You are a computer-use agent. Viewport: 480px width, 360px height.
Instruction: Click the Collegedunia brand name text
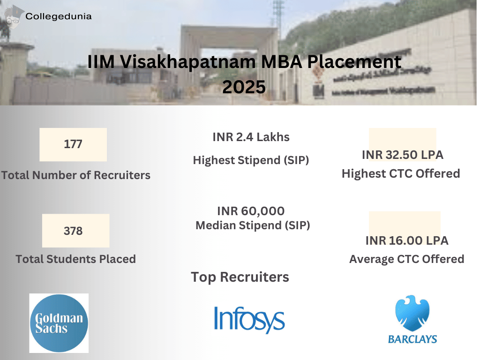point(59,16)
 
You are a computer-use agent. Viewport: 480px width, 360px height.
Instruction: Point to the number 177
point(73,144)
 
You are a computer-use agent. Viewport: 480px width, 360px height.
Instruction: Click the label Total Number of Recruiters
point(76,175)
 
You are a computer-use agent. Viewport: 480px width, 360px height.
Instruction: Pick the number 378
point(73,231)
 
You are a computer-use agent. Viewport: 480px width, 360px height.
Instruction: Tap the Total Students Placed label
point(76,259)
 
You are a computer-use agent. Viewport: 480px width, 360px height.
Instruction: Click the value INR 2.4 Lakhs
point(251,137)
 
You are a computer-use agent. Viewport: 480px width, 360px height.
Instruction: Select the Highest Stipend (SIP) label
point(251,160)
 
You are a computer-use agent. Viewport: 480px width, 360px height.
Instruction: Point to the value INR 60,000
point(251,211)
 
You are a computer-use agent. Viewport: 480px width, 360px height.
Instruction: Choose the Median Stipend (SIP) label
point(253,225)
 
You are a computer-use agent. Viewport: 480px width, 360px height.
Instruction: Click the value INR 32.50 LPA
point(403,155)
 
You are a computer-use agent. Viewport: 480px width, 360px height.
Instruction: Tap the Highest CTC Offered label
point(401,174)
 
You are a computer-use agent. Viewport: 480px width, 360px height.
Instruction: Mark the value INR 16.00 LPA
point(407,240)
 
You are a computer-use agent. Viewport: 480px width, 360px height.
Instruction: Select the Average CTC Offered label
point(407,259)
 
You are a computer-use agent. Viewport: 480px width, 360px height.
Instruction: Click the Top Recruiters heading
point(240,277)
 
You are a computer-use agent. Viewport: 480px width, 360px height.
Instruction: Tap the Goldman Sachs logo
point(59,323)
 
